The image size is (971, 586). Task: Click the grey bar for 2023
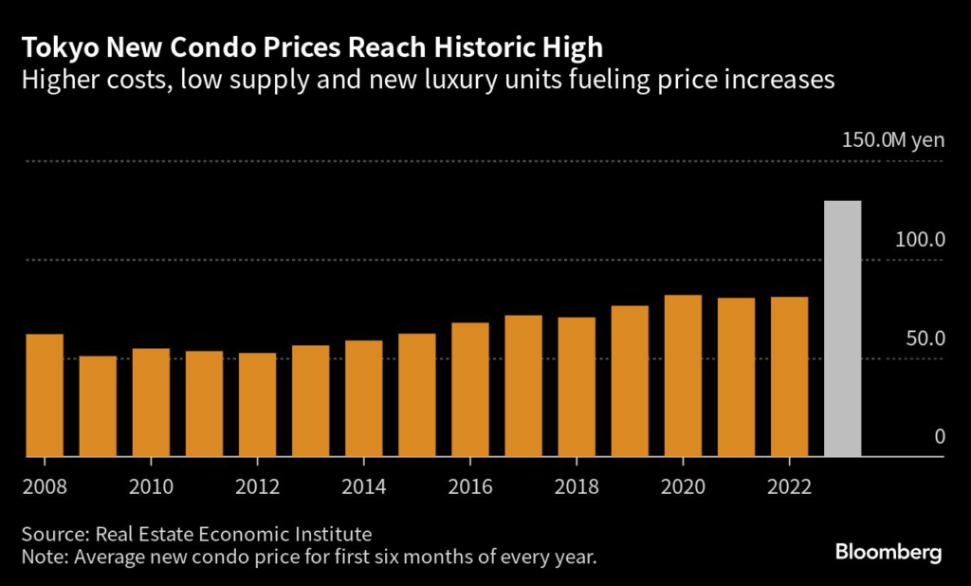tap(843, 328)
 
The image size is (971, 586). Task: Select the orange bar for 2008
tap(45, 394)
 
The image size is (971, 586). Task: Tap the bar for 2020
tap(683, 375)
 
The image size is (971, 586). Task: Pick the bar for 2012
tap(257, 404)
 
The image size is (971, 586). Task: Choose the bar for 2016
tap(470, 389)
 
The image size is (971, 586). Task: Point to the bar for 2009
tap(98, 406)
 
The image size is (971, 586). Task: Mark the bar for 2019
tap(630, 380)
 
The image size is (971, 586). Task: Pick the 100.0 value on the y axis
tap(920, 239)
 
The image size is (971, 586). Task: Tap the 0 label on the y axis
tap(940, 436)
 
